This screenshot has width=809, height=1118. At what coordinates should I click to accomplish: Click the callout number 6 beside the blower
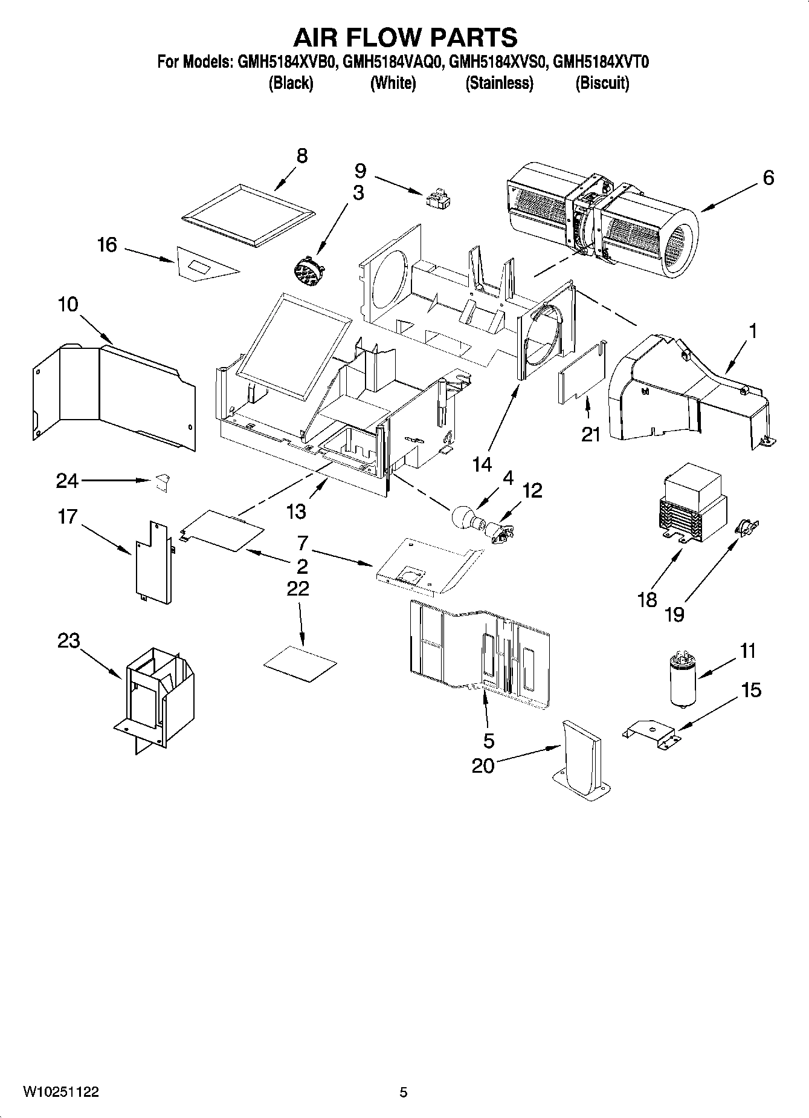tap(767, 178)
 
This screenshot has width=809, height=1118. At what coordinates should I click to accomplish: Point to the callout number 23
tap(68, 641)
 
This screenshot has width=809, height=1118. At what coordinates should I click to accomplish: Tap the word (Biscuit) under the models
tap(602, 83)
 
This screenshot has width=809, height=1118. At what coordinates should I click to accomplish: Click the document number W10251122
tap(60, 1091)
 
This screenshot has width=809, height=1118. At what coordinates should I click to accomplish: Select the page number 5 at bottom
tap(404, 1092)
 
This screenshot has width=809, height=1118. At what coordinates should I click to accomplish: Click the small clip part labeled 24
tap(162, 482)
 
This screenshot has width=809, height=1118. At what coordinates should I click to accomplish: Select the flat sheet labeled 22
tap(300, 663)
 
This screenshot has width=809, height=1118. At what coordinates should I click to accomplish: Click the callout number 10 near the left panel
tap(68, 304)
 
